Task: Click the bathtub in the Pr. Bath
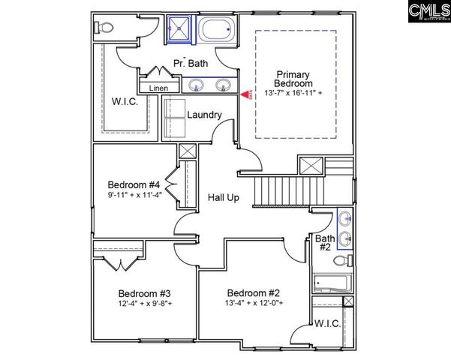coord(217,31)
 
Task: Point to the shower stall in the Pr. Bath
coord(179,31)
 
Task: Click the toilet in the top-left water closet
coord(104,26)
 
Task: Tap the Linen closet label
coord(158,88)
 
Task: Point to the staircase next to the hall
coord(286,188)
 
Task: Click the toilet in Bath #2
coord(342,261)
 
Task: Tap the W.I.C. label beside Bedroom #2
coord(327,324)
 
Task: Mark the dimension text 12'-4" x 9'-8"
coord(145,304)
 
